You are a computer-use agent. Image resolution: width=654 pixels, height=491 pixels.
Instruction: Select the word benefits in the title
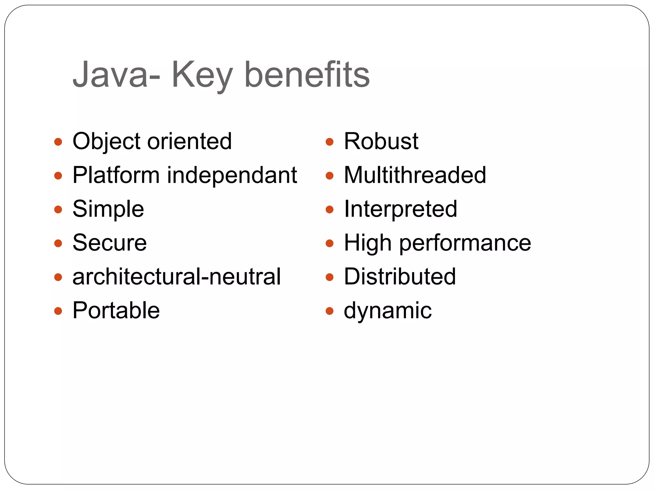point(307,75)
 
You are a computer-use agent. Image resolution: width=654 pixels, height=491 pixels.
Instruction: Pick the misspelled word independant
point(232,175)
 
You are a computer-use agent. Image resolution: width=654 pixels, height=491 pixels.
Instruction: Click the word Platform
point(116,175)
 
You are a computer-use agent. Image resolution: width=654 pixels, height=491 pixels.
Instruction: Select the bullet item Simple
point(108,209)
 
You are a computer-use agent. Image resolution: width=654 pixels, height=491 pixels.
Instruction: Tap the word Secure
point(110,243)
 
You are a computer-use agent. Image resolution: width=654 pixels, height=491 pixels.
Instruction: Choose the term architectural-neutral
point(177,277)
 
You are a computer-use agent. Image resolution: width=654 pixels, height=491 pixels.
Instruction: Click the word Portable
point(116,310)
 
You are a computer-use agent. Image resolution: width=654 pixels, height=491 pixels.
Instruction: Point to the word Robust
point(381,142)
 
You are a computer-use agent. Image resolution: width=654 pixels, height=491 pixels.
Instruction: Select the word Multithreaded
point(415,175)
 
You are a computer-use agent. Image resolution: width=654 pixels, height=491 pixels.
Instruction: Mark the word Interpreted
point(400,209)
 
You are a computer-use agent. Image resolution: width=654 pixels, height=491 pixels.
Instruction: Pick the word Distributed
point(400,277)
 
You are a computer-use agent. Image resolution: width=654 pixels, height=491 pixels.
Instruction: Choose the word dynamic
point(388,311)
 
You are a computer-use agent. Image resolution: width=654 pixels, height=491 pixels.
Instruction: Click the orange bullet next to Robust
point(330,142)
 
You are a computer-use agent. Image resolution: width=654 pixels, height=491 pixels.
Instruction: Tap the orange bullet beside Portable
point(58,311)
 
